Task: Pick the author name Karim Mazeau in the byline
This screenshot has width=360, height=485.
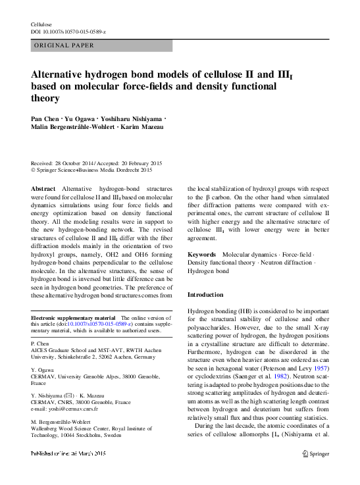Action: click(x=144, y=127)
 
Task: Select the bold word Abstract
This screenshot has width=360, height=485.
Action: click(x=43, y=188)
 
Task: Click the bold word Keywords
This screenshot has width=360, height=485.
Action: click(x=201, y=254)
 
